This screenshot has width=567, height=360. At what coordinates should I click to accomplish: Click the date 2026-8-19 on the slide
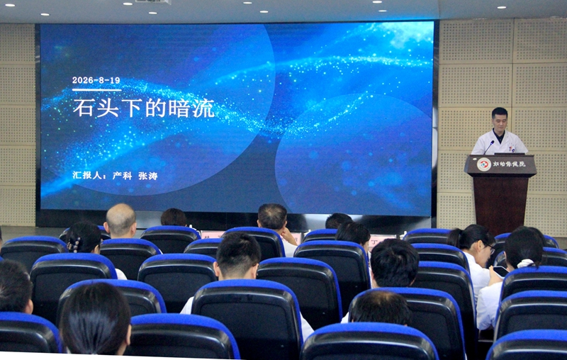96,80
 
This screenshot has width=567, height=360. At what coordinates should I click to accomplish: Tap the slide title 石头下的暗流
144,108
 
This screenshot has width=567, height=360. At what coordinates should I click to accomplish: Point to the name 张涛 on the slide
148,176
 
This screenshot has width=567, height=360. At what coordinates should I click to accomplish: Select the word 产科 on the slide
122,176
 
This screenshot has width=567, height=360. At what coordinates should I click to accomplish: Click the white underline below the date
96,89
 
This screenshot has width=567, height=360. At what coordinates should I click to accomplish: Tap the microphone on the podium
489,147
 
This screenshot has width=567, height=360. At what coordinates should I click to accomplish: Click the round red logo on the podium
484,164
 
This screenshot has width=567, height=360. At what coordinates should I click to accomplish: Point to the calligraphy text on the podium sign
509,164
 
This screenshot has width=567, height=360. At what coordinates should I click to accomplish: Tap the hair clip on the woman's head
75,244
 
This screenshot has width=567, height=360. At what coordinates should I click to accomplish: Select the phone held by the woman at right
501,271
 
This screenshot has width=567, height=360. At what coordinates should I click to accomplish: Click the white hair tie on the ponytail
525,263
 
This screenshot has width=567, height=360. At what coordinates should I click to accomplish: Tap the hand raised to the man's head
288,236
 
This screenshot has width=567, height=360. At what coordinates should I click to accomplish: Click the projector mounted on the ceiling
152,2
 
